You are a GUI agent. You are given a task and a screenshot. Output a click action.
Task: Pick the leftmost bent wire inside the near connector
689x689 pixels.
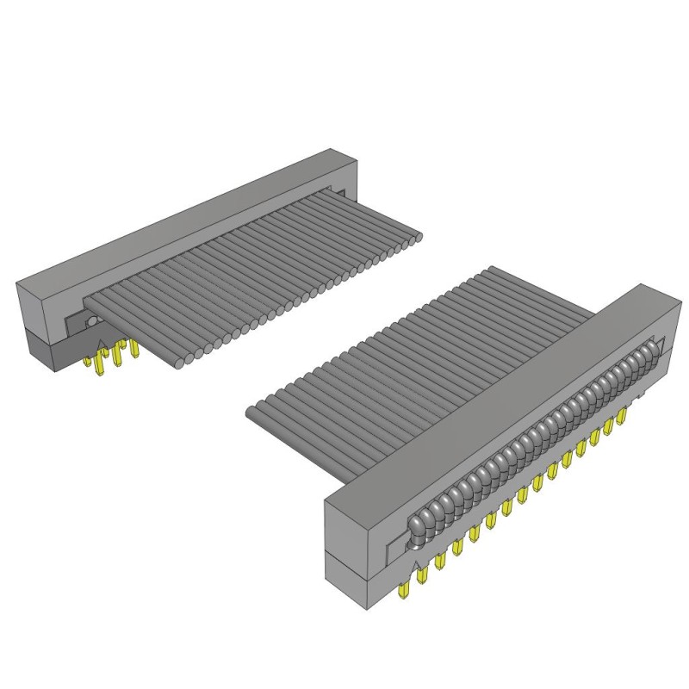pos(419,526)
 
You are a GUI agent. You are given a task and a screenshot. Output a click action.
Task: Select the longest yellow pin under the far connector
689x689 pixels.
pos(104,363)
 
